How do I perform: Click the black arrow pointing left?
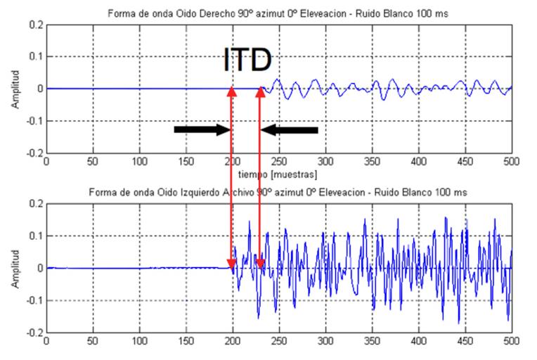tap(290, 129)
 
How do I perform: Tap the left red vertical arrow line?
tap(232, 176)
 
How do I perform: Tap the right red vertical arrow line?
tap(260, 176)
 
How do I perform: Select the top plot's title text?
tap(278, 13)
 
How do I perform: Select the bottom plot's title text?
tap(278, 193)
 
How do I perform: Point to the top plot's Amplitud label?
tap(15, 89)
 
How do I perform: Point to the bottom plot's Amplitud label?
tap(15, 269)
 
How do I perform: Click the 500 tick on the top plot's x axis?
tap(511, 160)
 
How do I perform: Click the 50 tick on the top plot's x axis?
tap(93, 160)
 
